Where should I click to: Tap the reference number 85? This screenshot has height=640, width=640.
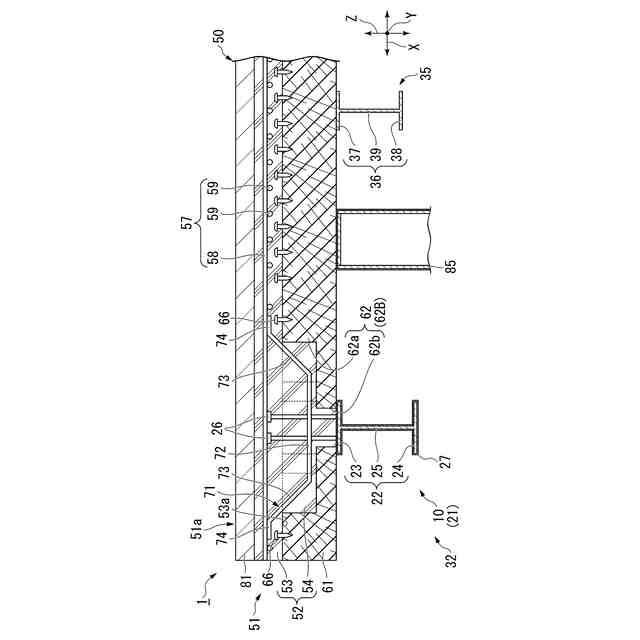tap(450, 267)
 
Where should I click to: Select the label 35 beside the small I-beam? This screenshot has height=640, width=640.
tap(426, 74)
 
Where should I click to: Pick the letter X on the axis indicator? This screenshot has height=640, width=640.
tap(413, 46)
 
